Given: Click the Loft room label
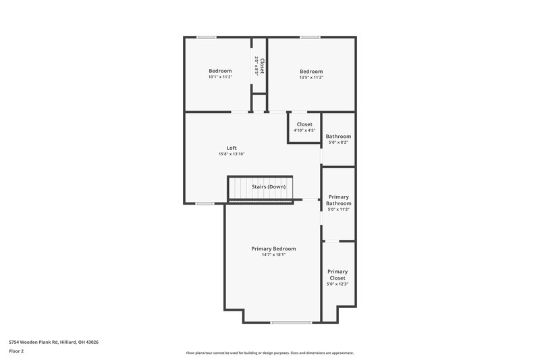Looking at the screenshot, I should click(232, 148).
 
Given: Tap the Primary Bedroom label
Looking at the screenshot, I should click(273, 249).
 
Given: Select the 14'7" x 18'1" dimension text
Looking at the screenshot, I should click(273, 255).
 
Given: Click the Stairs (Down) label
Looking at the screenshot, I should click(269, 186).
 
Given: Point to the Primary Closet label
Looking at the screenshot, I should click(337, 274).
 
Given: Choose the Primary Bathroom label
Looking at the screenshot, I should click(338, 200).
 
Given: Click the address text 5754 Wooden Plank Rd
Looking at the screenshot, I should click(54, 342).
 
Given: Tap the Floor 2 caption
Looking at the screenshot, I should click(17, 351).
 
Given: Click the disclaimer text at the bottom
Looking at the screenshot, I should click(270, 353).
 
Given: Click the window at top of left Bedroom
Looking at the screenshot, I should click(207, 37).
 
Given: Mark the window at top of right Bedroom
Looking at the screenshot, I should click(310, 37).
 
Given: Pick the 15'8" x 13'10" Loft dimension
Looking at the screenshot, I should click(232, 154).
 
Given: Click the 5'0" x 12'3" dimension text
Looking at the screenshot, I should click(337, 284).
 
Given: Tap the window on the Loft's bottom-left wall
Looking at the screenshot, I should click(205, 203).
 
